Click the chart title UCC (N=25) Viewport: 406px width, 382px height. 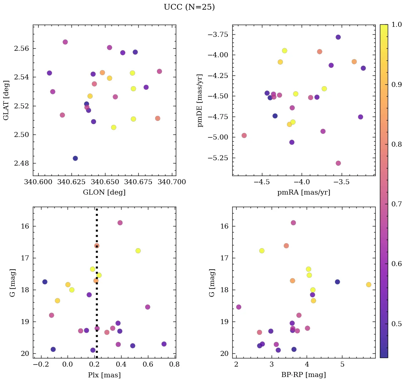[189, 7]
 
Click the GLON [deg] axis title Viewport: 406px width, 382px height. [104, 192]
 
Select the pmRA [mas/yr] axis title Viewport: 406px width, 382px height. [303, 192]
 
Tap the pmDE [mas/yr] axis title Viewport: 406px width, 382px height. [200, 100]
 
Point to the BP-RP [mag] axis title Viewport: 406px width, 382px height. [303, 375]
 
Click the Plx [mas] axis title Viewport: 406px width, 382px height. [104, 375]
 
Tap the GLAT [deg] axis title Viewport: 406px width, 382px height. [6, 100]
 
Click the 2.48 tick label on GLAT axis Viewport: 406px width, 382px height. [21, 163]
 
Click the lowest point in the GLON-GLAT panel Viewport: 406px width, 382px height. [75, 158]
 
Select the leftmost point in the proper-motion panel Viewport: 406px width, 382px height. [244, 136]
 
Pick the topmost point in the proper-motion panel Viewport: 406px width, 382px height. [338, 37]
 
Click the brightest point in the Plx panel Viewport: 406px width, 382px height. [120, 223]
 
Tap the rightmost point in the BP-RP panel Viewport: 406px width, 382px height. [368, 285]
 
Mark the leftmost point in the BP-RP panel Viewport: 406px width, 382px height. [239, 307]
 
